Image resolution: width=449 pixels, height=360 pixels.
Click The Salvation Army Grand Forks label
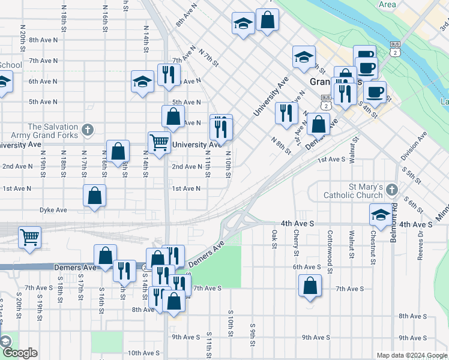(x=53, y=131)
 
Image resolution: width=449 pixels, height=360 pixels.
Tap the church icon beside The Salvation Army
(x=88, y=130)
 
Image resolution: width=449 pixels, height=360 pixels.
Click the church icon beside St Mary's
(x=392, y=190)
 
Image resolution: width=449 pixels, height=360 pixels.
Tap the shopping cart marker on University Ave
(x=159, y=143)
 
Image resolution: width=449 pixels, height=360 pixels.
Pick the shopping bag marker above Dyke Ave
(x=95, y=195)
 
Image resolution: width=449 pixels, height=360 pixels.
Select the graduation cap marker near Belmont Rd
(x=381, y=214)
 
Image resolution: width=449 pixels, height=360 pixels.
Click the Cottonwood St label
(x=330, y=244)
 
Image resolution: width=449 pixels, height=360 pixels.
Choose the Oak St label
(x=274, y=238)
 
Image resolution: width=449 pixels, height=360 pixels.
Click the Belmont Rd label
(x=394, y=215)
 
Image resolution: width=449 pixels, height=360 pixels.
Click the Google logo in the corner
(x=20, y=352)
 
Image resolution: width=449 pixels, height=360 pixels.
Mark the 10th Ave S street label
(x=142, y=353)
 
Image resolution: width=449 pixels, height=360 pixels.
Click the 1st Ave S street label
(x=331, y=160)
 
